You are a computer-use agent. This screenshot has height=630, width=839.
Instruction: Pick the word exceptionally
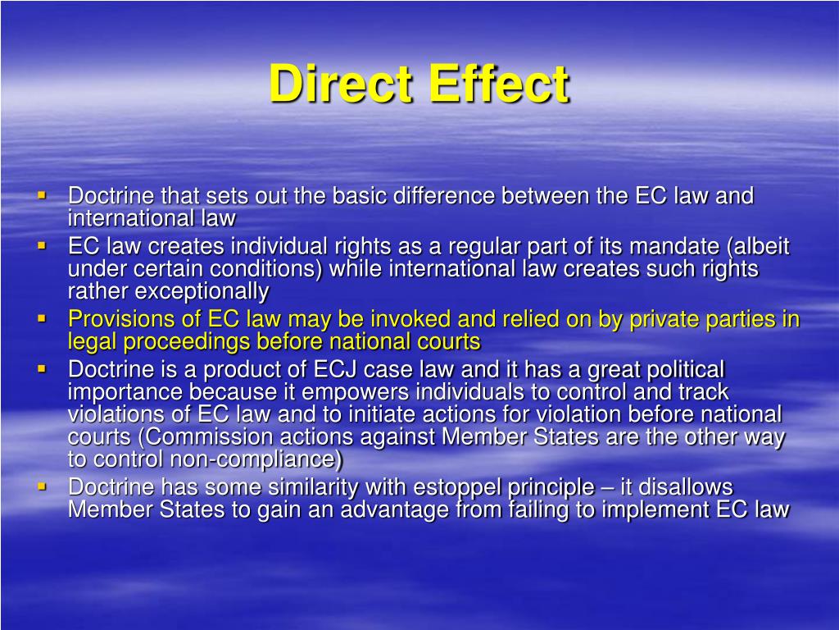coord(202,291)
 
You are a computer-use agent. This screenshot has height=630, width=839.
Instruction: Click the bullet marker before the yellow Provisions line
coord(42,317)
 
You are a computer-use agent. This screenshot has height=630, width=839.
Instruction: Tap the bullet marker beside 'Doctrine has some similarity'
coord(42,486)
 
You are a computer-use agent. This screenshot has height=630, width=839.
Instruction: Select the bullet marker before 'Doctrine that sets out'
coord(42,195)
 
